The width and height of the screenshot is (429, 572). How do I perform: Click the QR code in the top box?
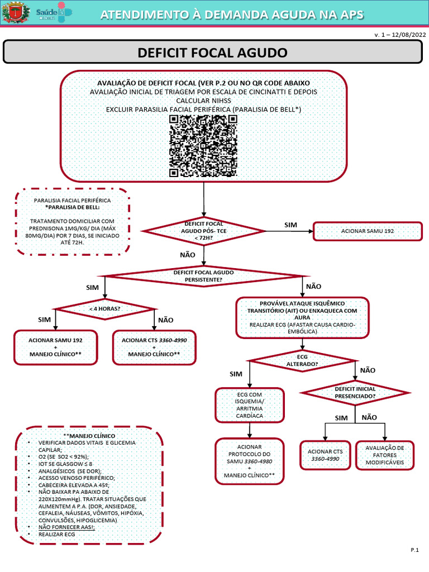click(203, 146)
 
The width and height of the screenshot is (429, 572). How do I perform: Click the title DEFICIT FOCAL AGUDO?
click(212, 53)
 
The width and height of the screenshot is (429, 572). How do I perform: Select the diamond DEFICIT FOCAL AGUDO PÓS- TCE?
click(203, 231)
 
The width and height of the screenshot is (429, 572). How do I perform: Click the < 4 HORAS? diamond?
click(105, 309)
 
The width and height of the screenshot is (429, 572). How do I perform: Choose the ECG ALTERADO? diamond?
click(302, 360)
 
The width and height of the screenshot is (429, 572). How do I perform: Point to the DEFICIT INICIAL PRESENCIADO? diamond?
click(355, 392)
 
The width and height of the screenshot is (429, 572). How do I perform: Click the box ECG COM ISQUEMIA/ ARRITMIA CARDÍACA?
click(249, 405)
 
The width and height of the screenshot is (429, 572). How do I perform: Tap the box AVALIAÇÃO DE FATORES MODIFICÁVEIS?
click(385, 456)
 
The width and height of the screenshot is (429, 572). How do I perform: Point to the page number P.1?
click(414, 551)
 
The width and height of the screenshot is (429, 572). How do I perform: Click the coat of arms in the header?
click(14, 12)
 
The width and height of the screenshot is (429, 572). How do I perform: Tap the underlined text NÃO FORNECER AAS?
click(66, 527)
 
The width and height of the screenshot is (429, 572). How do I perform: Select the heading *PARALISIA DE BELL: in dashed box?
click(72, 207)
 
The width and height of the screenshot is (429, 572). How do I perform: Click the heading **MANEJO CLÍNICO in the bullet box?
click(89, 435)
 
